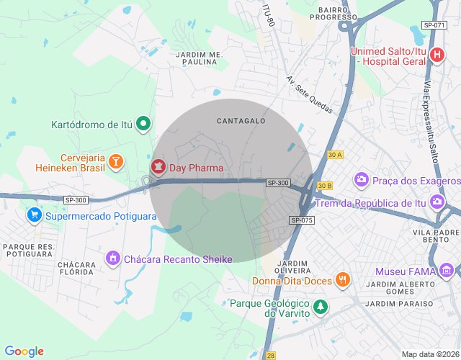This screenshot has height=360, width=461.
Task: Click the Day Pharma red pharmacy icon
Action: coord(157,168)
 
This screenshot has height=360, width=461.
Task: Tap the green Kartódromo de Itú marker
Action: coord(144,124)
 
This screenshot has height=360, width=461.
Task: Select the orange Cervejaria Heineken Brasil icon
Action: coord(116,163)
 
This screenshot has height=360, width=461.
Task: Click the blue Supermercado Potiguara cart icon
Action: coord(34,215)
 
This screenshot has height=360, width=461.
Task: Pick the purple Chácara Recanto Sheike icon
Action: coord(112,258)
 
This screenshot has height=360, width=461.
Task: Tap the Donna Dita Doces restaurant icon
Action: coord(343,279)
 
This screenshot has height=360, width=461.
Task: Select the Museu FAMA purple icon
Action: coord(447,271)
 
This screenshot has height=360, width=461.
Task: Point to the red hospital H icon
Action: coord(437,55)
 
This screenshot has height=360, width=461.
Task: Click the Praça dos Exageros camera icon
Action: coord(362,179)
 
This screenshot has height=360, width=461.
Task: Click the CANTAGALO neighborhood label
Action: coord(241,121)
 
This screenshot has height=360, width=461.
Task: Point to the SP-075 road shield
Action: coord(303,220)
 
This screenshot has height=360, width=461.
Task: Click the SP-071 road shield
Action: coord(434,25)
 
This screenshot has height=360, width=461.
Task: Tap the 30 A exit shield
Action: coord(334,155)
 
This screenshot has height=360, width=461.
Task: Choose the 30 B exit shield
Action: coord(324,186)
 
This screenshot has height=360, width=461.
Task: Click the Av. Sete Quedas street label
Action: coord(309,95)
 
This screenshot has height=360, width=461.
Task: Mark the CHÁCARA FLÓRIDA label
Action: coord(77,269)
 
